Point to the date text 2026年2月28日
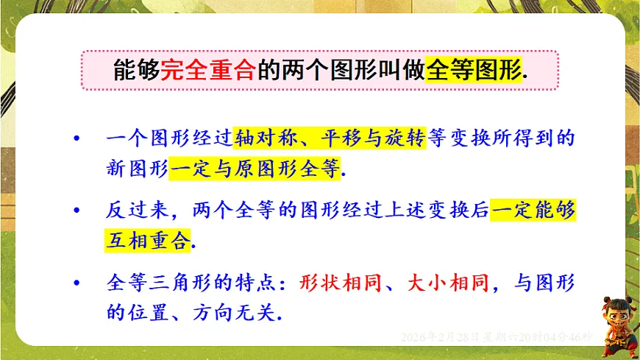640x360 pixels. tap(438, 336)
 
